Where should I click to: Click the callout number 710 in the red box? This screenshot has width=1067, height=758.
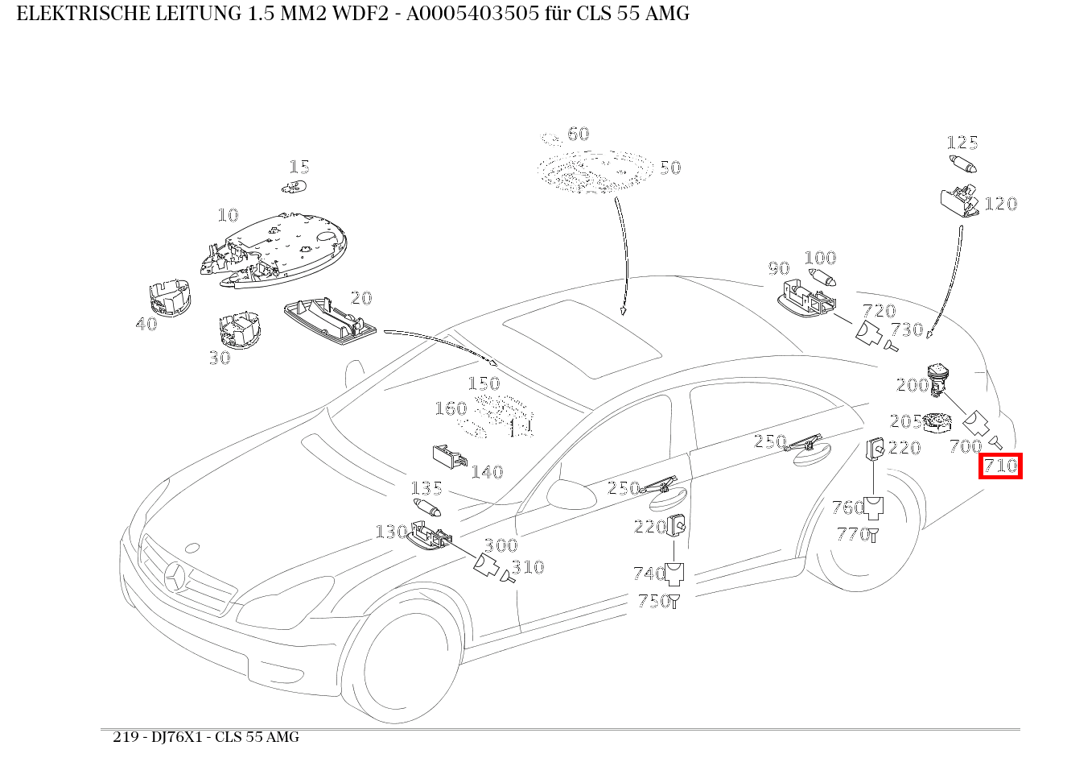click(1000, 466)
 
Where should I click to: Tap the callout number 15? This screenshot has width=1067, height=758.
click(299, 167)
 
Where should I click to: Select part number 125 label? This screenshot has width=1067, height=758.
click(962, 143)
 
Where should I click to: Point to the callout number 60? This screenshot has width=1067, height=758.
click(578, 134)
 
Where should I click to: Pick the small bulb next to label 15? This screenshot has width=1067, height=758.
click(293, 187)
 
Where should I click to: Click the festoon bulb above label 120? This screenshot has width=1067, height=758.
click(963, 165)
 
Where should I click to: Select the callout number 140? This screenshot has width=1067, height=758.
click(487, 472)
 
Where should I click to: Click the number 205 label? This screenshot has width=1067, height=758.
click(905, 421)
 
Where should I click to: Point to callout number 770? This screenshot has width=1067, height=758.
click(852, 533)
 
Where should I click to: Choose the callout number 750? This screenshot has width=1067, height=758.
click(653, 601)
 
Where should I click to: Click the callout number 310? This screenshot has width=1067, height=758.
click(528, 567)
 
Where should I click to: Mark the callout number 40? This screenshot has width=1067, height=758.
click(146, 324)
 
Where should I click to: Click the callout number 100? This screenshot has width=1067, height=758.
click(820, 258)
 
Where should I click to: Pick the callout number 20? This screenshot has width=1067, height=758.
click(361, 298)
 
